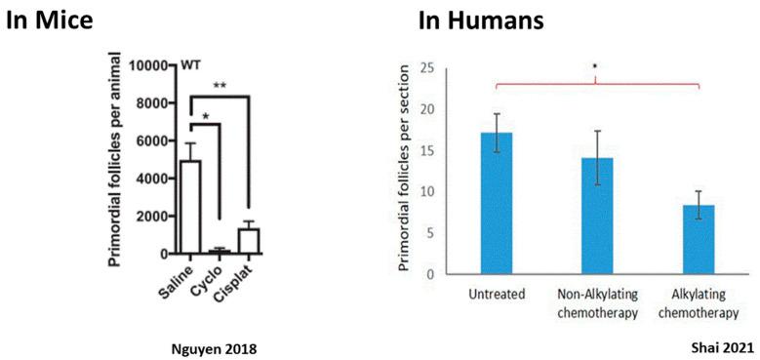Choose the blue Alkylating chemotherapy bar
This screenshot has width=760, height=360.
(699, 239)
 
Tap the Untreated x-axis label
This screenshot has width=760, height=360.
(497, 293)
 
